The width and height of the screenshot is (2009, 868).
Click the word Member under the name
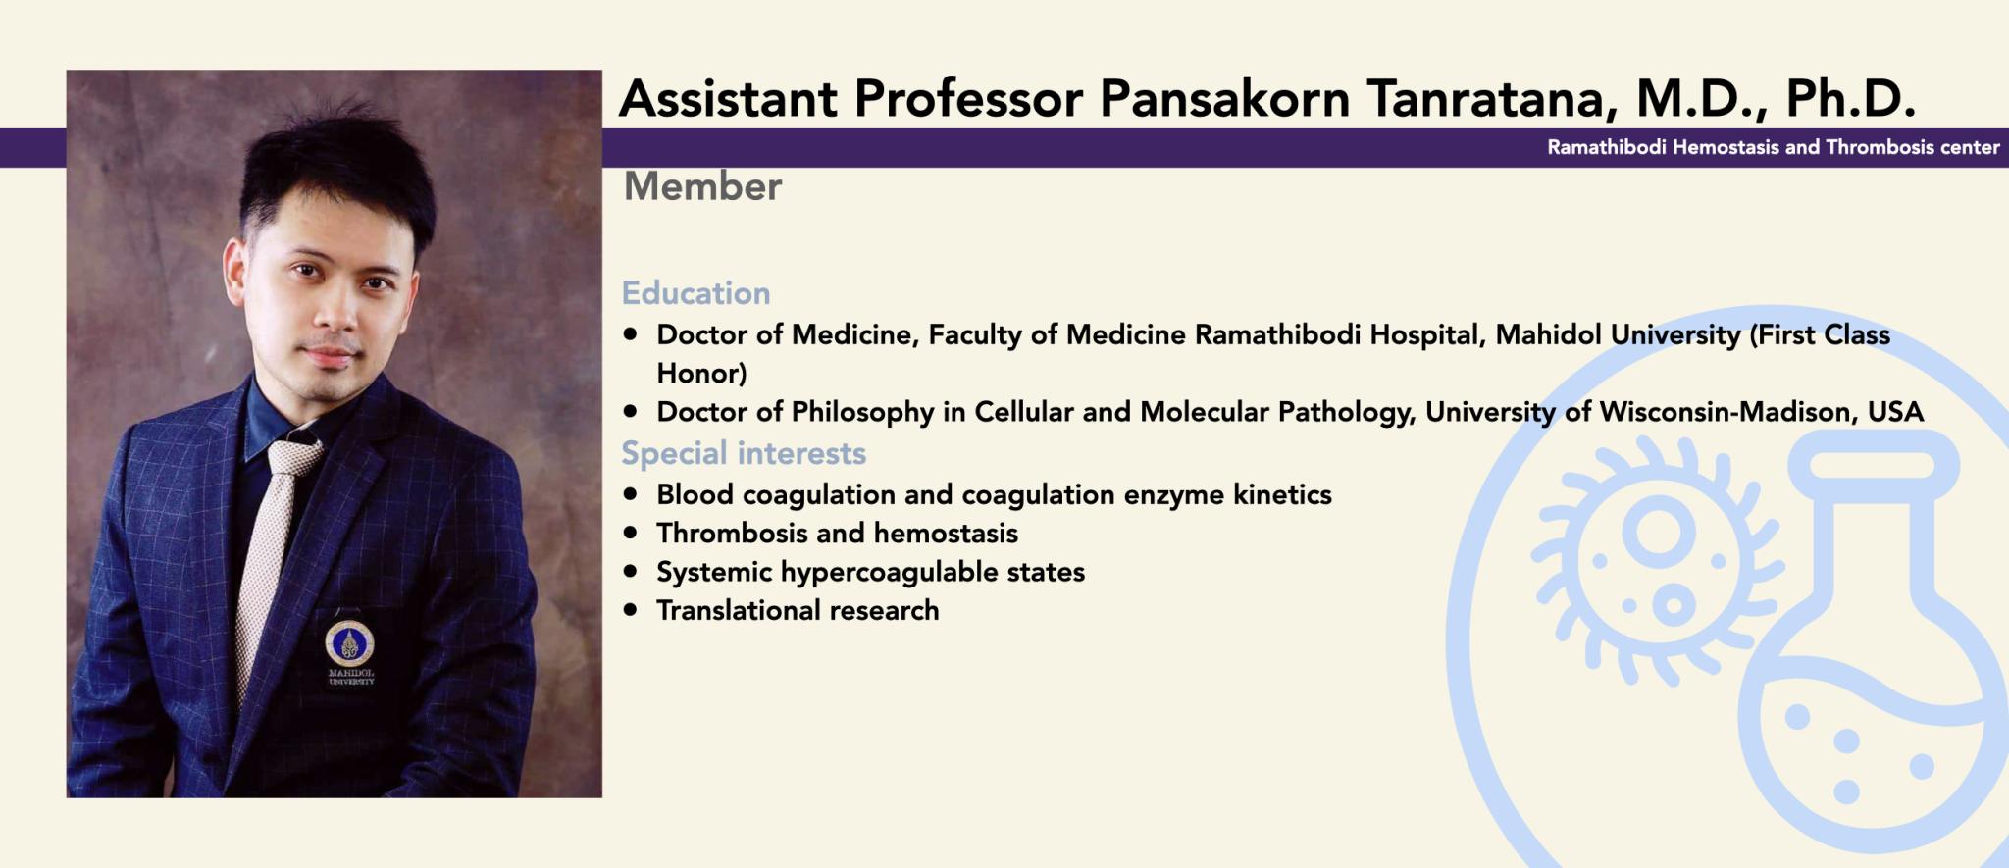point(702,186)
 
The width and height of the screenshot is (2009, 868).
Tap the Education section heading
point(695,293)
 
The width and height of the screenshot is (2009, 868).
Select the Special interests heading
point(744,453)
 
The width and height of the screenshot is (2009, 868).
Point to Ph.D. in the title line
point(1851,98)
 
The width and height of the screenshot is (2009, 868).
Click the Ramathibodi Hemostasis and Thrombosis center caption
point(1774,147)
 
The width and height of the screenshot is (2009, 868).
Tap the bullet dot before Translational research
point(630,610)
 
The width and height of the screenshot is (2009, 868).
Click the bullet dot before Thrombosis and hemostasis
point(630,533)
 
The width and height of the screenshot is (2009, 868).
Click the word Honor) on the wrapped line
point(701,374)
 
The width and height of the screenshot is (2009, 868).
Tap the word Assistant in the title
point(728,99)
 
